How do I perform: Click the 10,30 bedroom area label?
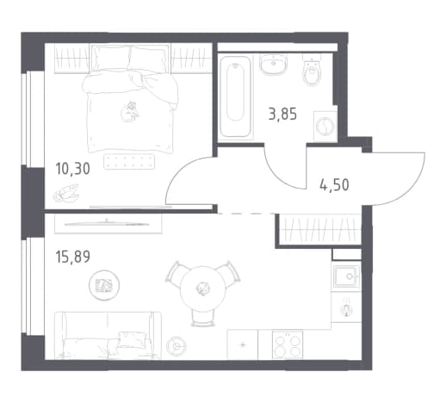pyautogui.click(x=72, y=169)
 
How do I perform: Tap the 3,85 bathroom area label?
pyautogui.click(x=282, y=115)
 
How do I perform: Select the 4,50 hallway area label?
pyautogui.click(x=334, y=185)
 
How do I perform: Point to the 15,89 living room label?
pyautogui.click(x=72, y=257)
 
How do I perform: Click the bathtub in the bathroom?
pyautogui.click(x=235, y=97)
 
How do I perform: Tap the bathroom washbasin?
pyautogui.click(x=274, y=65)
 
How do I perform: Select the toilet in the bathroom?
pyautogui.click(x=312, y=70)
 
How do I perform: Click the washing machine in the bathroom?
pyautogui.click(x=325, y=126)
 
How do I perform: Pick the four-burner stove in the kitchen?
pyautogui.click(x=288, y=344)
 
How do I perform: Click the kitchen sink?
pyautogui.click(x=346, y=276)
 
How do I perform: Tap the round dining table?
pyautogui.click(x=202, y=288)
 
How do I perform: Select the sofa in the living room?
pyautogui.click(x=108, y=335)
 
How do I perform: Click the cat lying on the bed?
pyautogui.click(x=130, y=112)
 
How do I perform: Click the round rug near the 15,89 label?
pyautogui.click(x=104, y=285)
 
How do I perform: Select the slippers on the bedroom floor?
pyautogui.click(x=66, y=194)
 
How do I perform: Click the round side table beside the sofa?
pyautogui.click(x=177, y=346)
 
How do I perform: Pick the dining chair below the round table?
pyautogui.click(x=203, y=318)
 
